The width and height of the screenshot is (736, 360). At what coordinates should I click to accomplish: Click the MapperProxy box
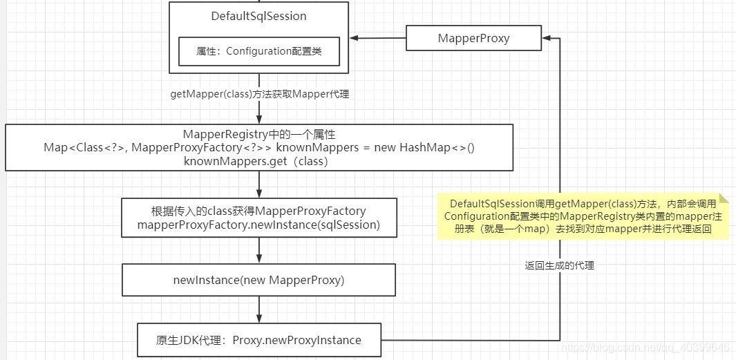click(473, 39)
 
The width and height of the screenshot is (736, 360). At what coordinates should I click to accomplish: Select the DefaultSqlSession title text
click(258, 16)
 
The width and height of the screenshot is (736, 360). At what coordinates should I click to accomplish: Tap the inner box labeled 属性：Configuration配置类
click(259, 51)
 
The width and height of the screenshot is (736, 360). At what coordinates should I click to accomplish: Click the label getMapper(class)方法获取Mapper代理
click(259, 95)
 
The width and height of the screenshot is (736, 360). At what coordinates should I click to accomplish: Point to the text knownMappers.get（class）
click(256, 161)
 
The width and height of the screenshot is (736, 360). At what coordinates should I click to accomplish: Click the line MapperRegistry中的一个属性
click(259, 134)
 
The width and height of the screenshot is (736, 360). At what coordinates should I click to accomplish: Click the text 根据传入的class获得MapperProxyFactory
click(259, 211)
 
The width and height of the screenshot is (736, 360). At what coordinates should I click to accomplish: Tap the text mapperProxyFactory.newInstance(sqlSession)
click(259, 225)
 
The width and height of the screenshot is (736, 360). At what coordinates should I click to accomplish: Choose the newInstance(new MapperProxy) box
click(259, 280)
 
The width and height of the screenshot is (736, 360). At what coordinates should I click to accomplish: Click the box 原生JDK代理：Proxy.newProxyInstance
click(259, 340)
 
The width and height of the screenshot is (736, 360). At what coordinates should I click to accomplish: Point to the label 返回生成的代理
click(560, 266)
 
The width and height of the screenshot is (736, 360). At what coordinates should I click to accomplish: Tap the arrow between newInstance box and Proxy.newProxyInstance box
click(259, 310)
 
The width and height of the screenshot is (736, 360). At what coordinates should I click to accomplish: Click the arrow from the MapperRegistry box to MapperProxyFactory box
click(259, 184)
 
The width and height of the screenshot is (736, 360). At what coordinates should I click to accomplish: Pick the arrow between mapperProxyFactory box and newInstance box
click(259, 250)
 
